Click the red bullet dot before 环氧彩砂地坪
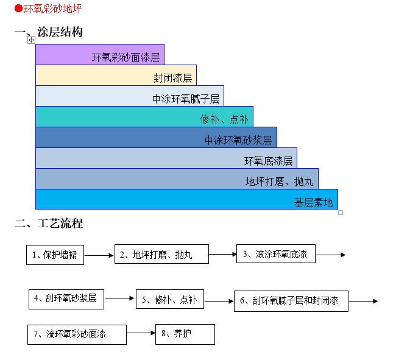[x=18, y=9]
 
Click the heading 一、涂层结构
[x=49, y=32]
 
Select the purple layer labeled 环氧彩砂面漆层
[x=100, y=54]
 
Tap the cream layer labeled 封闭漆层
[x=116, y=75]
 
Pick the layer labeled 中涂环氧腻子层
[x=129, y=96]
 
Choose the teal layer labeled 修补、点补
[x=144, y=116]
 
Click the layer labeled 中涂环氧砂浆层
[x=156, y=137]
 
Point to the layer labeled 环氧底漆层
[x=166, y=158]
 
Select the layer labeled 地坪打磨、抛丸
[x=177, y=178]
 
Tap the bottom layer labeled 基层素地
[x=186, y=199]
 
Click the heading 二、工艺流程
[x=49, y=223]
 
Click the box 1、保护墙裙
[x=55, y=255]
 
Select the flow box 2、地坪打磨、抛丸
[x=161, y=254]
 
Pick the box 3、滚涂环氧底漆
[x=276, y=253]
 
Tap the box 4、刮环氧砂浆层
[x=66, y=298]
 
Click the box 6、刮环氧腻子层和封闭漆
[x=291, y=301]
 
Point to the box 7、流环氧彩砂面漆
[x=77, y=334]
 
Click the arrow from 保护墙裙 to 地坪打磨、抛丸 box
[x=99, y=255]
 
